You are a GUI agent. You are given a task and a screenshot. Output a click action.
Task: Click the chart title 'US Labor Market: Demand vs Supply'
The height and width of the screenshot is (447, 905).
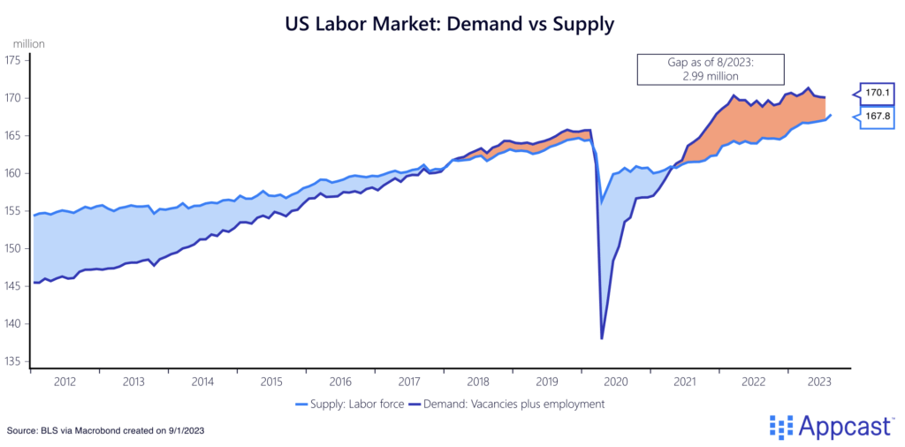coord(450,24)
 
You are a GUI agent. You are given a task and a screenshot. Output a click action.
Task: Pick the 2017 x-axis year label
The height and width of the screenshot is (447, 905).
coord(408,381)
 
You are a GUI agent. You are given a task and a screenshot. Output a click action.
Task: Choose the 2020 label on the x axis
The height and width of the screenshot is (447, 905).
coord(614,381)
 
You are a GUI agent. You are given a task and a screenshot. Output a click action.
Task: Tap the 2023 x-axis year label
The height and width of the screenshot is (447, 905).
coord(819,381)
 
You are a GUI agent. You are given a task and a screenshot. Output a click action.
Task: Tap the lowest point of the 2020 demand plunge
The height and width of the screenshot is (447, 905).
coord(602,338)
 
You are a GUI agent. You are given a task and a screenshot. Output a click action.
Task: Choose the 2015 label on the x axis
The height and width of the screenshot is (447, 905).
coord(271,381)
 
